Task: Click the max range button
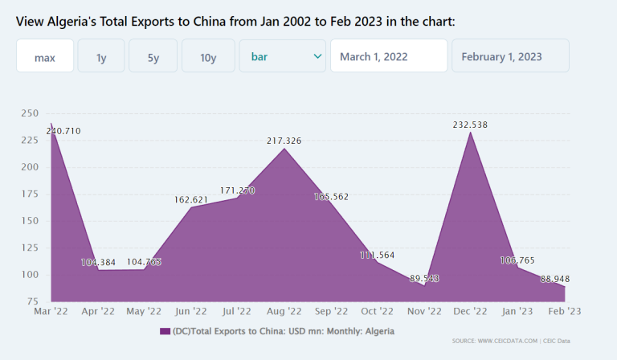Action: coord(45,56)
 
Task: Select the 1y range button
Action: coord(101,56)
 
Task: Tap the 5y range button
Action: coord(153,56)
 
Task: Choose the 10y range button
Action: coord(208,56)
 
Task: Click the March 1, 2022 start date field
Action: coord(388,56)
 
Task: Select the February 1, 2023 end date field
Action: coord(510,56)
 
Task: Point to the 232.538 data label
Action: coord(470,125)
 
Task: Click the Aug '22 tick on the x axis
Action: coord(284,311)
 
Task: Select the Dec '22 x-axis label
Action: coord(470,311)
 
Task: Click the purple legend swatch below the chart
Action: coord(165,331)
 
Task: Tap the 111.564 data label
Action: coord(377,255)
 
